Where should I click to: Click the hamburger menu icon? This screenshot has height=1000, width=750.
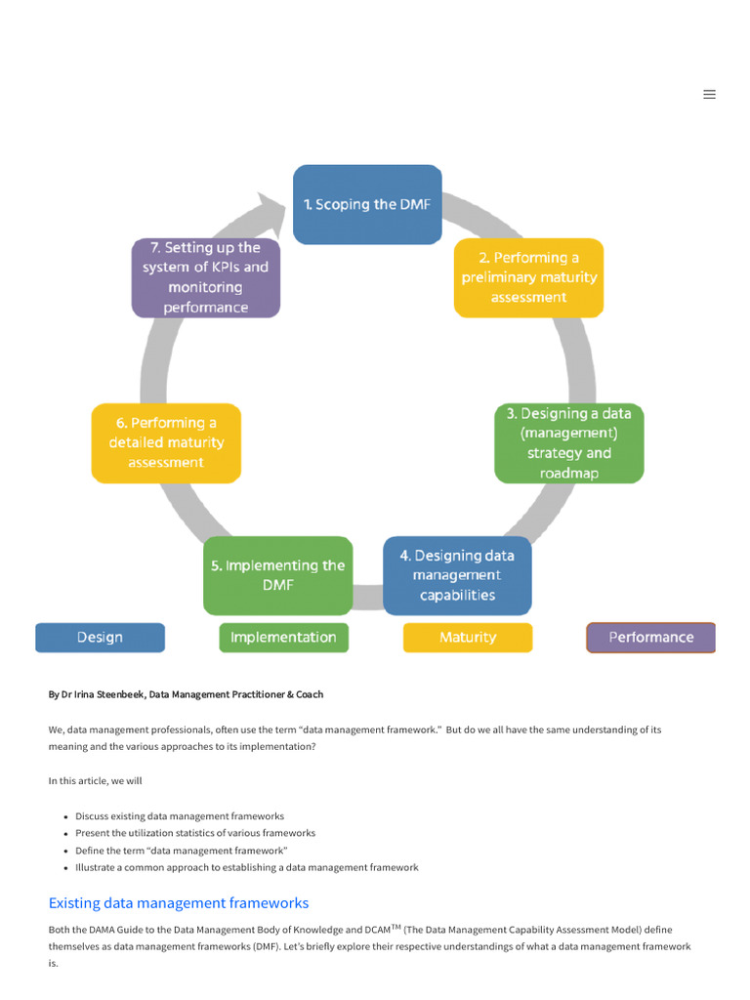(x=709, y=95)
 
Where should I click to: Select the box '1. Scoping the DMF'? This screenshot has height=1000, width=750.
(x=367, y=204)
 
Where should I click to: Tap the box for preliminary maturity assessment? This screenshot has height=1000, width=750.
(x=528, y=277)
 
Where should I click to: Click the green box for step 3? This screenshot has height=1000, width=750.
(x=568, y=443)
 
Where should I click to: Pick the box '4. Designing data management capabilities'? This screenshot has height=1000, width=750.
(x=457, y=575)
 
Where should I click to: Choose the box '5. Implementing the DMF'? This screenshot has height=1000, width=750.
(x=277, y=575)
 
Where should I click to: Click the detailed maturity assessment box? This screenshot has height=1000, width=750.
(x=166, y=442)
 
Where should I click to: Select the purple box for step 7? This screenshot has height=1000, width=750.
(x=205, y=277)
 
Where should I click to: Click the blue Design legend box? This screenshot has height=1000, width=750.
(x=100, y=638)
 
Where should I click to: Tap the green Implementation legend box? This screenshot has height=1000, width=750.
(x=283, y=638)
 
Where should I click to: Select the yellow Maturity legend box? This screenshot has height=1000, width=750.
(x=468, y=638)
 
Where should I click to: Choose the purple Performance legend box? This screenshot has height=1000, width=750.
(x=650, y=638)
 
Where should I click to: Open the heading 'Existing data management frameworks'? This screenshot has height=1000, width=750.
(x=179, y=902)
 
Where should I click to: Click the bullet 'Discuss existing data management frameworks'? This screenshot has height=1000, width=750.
(x=180, y=815)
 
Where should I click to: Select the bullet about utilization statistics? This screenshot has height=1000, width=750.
(x=195, y=833)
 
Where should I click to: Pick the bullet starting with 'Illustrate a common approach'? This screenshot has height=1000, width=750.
(x=246, y=867)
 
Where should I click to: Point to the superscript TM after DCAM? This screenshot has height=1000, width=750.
(x=396, y=927)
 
